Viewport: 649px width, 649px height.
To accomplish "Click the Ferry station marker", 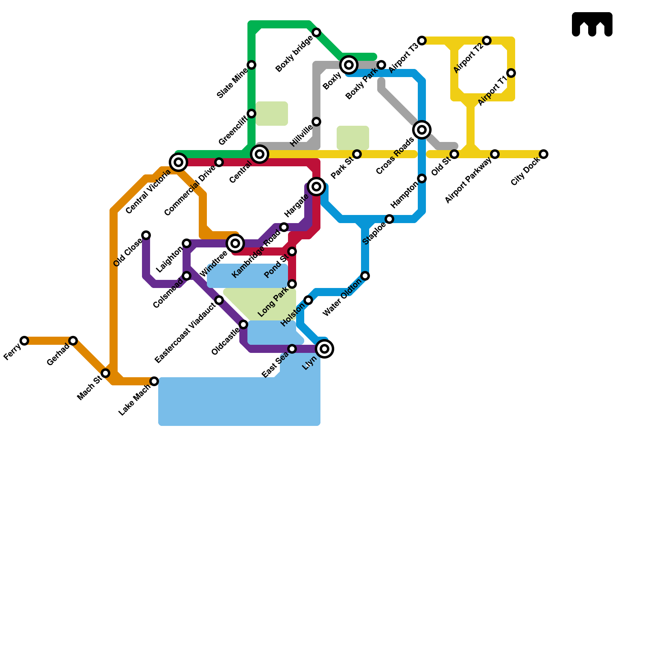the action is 24,341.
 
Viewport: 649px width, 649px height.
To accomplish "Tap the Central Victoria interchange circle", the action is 178,162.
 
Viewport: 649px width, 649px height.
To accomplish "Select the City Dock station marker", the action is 544,154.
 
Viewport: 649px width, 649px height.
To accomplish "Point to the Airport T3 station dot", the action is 422,41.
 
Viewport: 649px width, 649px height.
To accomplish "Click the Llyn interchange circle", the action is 324,349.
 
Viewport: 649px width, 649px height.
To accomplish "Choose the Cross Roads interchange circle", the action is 422,130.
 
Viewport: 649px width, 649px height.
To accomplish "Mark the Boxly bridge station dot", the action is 316,32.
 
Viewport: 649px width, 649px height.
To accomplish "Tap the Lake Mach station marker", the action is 154,381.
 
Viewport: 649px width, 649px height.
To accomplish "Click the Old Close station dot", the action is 146,235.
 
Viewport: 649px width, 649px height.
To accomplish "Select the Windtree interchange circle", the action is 235,243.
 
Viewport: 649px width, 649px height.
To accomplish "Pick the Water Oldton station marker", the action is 365,276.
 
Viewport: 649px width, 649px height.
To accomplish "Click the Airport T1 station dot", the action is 511,73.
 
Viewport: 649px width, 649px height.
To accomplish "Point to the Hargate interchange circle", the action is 316,187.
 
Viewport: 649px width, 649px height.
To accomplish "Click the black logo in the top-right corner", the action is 592,24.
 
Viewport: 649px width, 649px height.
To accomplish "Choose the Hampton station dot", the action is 422,178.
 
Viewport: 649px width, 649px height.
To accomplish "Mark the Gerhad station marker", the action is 73,341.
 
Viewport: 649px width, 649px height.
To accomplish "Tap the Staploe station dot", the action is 389,219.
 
